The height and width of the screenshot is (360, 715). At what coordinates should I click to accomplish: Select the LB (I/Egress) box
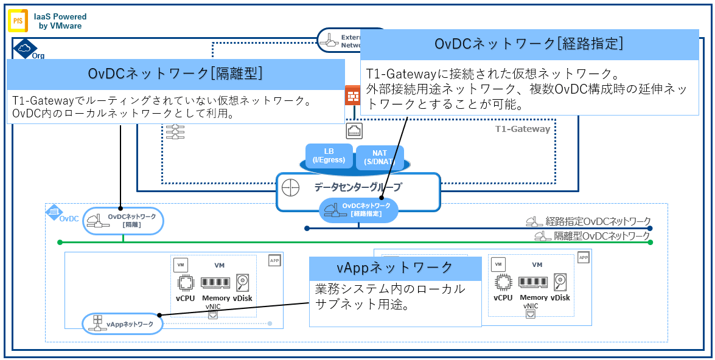(329, 156)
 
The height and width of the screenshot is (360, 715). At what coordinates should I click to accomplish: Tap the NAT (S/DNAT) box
(375, 157)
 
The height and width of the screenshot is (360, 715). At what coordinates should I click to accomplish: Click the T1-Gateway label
(522, 129)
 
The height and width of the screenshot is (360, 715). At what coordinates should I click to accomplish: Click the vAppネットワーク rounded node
(122, 324)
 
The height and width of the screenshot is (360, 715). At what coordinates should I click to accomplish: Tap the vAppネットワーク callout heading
(395, 268)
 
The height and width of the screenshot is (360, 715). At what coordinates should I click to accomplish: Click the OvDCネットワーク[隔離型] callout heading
(175, 74)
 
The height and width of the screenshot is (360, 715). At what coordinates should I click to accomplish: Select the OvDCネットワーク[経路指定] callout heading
(529, 44)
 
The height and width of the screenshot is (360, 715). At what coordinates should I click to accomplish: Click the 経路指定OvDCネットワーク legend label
(598, 221)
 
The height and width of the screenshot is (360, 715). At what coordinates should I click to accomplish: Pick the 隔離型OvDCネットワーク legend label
(601, 236)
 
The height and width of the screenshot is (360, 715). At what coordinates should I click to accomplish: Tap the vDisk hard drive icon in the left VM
(243, 283)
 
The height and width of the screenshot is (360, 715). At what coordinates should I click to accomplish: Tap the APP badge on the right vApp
(583, 258)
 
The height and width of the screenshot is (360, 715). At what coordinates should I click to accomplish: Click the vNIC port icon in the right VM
(531, 314)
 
